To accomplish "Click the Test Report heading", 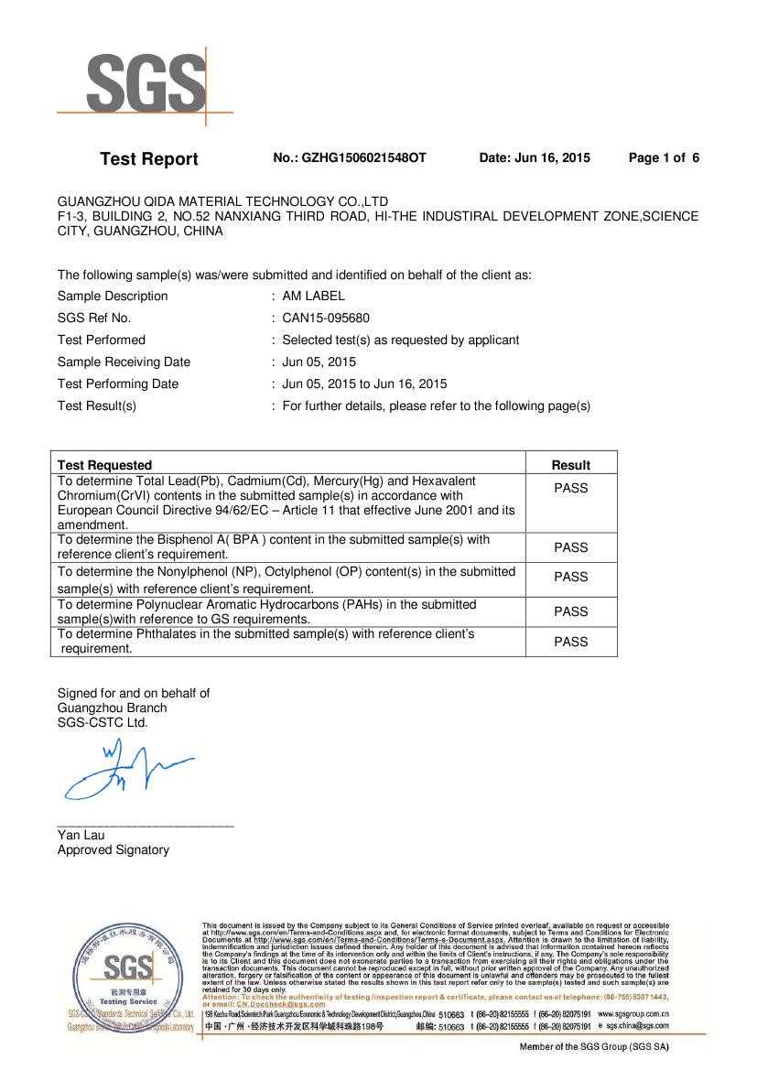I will click(148, 159).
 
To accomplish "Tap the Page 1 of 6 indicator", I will click(664, 158).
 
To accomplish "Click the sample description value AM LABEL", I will click(313, 296).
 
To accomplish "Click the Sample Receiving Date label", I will click(124, 362).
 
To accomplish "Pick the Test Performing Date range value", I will click(364, 384).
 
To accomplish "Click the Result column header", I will click(570, 465).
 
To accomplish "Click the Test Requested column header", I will click(104, 465).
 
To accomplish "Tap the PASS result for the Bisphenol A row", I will click(570, 547).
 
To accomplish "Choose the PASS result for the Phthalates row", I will click(570, 642).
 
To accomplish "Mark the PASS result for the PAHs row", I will click(570, 611).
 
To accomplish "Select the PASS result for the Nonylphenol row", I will click(570, 577).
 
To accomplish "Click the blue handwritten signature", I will click(124, 769).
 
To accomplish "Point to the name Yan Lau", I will click(81, 835).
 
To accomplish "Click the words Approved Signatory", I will click(114, 849).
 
